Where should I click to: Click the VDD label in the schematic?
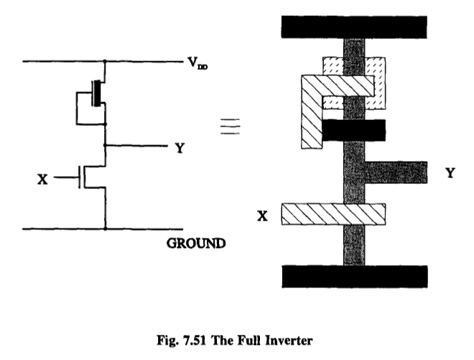click(197, 63)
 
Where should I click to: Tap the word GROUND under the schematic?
click(196, 244)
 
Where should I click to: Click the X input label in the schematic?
click(42, 177)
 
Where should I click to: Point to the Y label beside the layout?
click(450, 172)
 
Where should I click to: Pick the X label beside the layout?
click(263, 214)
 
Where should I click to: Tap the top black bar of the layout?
click(355, 26)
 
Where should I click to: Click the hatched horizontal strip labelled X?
click(333, 214)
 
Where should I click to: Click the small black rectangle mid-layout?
click(353, 130)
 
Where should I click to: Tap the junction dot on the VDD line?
click(106, 62)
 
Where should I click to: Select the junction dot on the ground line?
click(106, 230)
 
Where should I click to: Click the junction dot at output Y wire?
click(106, 146)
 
